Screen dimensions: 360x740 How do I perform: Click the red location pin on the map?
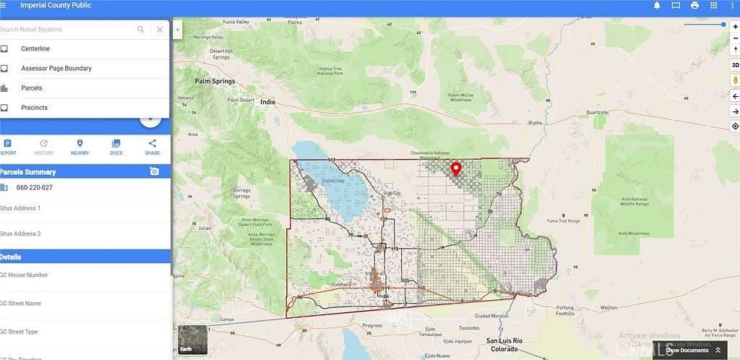pos(456,169)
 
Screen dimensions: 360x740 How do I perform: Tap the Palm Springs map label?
pos(215,82)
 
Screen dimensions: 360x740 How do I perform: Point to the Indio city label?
pos(268,102)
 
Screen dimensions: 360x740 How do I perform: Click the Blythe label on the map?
pos(535,123)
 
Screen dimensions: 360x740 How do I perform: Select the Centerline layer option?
pos(35,48)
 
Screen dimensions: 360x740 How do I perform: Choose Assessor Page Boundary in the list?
pos(56,68)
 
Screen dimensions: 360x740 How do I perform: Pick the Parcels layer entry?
pos(32,88)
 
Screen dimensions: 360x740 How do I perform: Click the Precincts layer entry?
pos(34,108)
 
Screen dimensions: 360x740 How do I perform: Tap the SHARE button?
pos(152,147)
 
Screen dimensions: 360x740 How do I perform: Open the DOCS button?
pos(116,147)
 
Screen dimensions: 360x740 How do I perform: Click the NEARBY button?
pos(79,147)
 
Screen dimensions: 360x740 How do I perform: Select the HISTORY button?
pos(43,147)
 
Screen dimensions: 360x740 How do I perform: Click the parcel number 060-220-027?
pos(35,188)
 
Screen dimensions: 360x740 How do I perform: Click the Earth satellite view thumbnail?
pos(192,339)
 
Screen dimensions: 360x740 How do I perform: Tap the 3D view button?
pos(735,65)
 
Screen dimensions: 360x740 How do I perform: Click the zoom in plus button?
pos(735,27)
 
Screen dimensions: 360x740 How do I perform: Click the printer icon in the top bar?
pos(694,5)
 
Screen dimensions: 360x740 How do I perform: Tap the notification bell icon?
pos(657,5)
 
